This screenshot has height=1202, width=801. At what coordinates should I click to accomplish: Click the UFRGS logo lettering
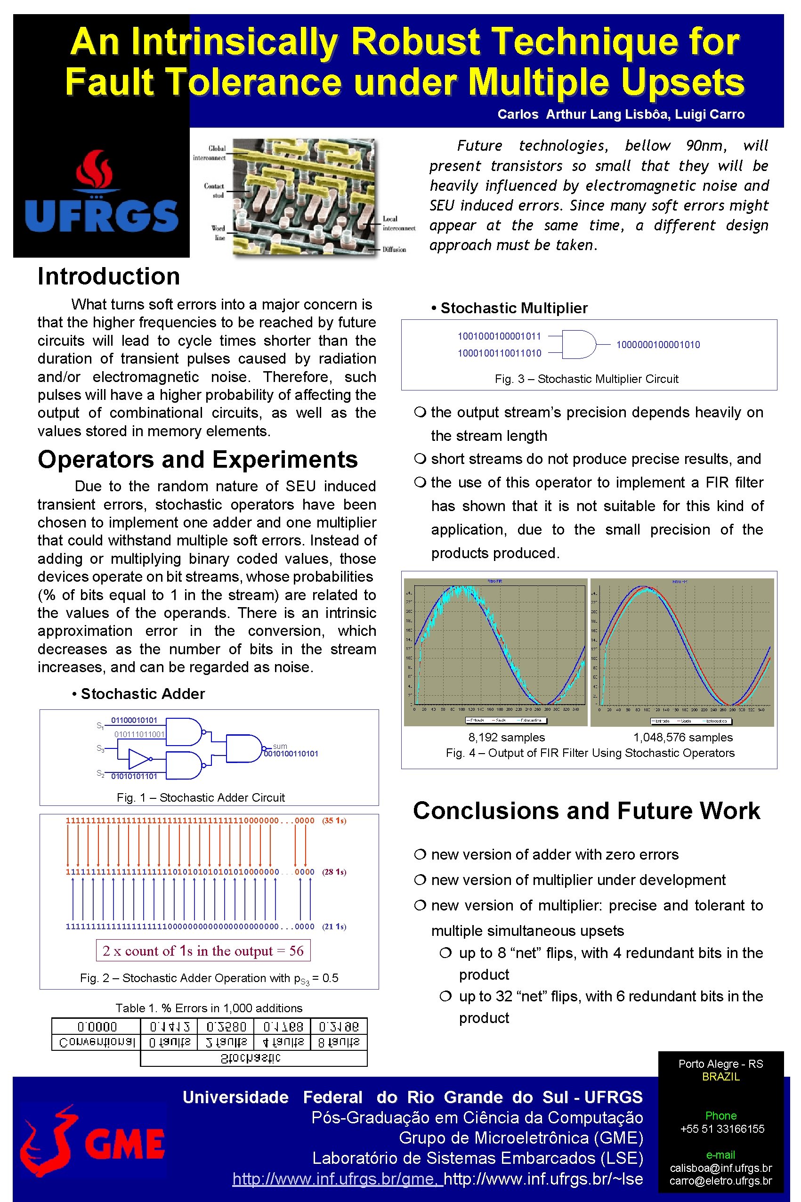[102, 216]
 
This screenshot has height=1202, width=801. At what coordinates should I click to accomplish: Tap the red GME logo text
[125, 1144]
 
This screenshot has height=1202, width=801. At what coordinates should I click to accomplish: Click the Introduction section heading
[109, 276]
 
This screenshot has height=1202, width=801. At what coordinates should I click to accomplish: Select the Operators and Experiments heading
[198, 459]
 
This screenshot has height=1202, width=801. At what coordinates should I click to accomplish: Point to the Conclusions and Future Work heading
[586, 811]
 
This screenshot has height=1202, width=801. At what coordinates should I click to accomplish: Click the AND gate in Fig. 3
[579, 344]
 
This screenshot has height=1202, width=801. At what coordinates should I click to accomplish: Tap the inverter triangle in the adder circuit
[138, 759]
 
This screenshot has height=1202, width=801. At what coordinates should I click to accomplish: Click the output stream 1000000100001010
[658, 345]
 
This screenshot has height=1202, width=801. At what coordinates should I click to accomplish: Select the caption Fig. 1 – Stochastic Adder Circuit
[201, 797]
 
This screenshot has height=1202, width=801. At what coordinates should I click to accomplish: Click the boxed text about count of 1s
[203, 950]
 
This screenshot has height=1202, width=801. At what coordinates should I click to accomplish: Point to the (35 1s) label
[334, 820]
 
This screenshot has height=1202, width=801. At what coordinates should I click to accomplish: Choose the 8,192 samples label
[507, 737]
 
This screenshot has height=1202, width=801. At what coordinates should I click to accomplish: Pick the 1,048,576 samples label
[683, 737]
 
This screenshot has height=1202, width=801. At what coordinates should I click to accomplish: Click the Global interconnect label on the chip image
[210, 153]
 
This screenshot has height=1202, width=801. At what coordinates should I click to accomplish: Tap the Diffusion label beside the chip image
[394, 250]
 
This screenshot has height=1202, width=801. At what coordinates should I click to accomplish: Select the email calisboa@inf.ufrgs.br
[721, 1168]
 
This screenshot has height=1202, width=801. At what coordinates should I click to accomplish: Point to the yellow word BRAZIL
[721, 1076]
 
